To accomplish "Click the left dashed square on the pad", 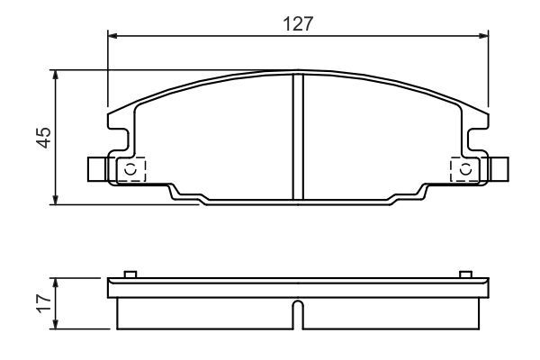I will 130,168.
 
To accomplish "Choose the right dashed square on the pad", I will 464,168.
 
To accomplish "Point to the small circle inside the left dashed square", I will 131,168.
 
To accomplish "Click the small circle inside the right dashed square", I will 465,168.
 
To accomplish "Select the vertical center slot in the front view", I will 298,135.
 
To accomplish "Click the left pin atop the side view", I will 130,274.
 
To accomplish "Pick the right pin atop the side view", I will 464,274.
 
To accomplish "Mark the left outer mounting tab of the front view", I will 97,168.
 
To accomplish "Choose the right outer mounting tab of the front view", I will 499,168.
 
